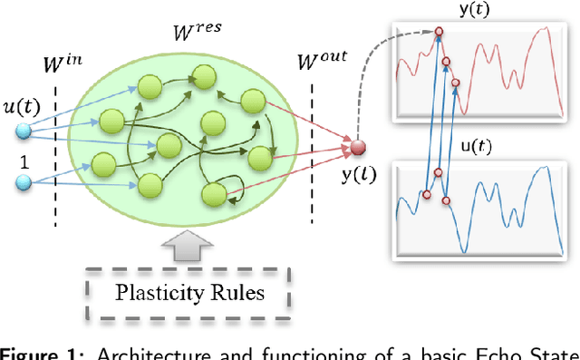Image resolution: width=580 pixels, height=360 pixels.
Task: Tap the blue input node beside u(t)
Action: click(22, 132)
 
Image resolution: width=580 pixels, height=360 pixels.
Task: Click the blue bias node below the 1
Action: click(22, 185)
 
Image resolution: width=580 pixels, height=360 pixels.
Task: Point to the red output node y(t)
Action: click(358, 147)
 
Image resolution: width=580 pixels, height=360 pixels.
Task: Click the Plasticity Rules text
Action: click(189, 293)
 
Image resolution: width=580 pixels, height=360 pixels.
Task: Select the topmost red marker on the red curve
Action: click(438, 32)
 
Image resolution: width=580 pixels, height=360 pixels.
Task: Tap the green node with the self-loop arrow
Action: click(215, 192)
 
